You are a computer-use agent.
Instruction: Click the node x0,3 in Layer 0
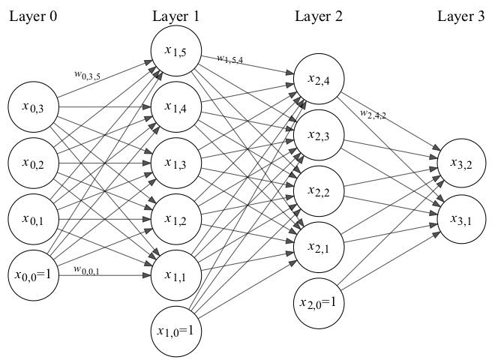[x=34, y=109]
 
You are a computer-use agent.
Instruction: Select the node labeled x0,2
[x=34, y=163]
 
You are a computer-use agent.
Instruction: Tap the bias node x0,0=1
[x=34, y=274]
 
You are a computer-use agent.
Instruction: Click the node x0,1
[x=34, y=219]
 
